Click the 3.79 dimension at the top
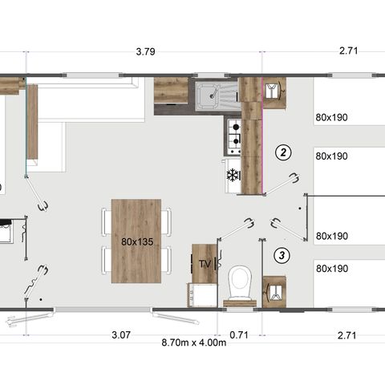145,52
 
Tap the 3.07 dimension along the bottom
121,334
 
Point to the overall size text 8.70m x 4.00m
193,342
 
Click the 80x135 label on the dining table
137,241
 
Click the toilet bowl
240,282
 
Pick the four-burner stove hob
234,136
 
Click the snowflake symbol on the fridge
233,175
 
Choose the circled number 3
282,256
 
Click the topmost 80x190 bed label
331,117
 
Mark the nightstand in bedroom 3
274,290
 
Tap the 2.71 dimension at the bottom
348,334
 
